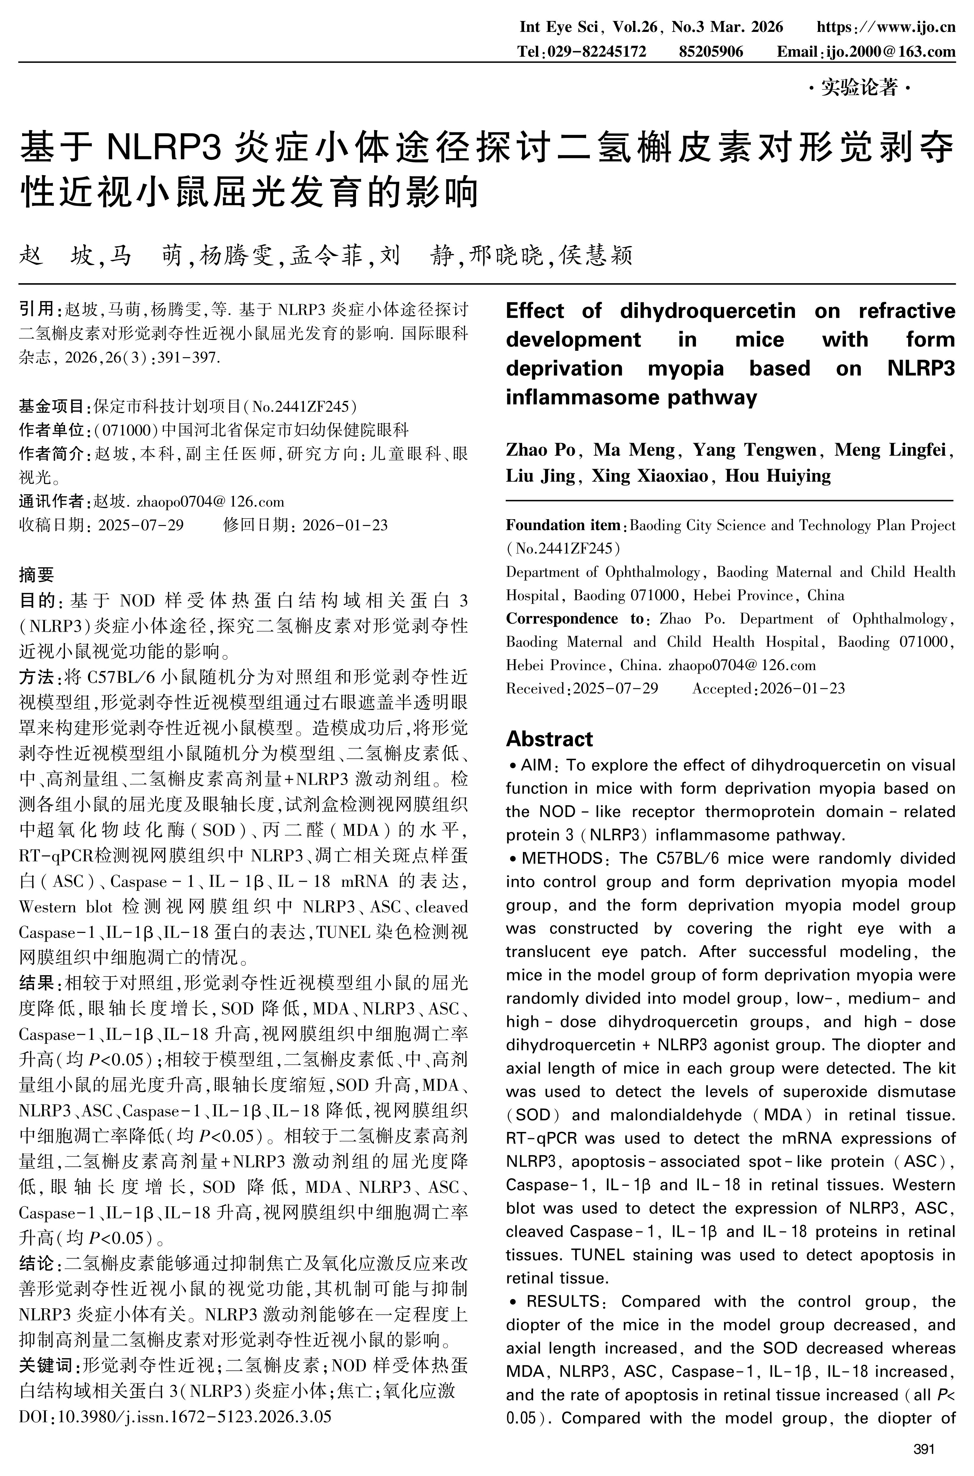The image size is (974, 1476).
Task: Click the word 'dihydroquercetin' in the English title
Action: tap(708, 310)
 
